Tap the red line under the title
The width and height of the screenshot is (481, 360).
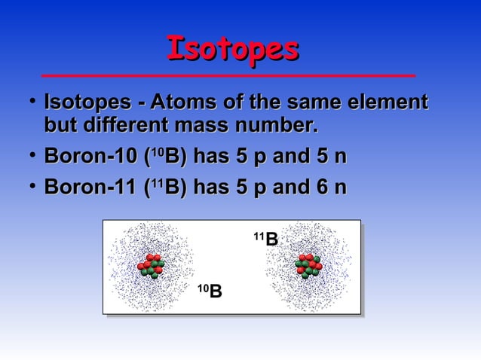[x=228, y=76]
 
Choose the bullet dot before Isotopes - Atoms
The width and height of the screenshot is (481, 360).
[x=28, y=100]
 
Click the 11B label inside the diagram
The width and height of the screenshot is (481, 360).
[x=265, y=239]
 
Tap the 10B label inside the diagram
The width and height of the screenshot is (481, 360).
[x=210, y=290]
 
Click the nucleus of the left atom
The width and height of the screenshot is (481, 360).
[x=151, y=266]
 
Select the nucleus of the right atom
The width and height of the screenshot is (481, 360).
[x=309, y=266]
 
